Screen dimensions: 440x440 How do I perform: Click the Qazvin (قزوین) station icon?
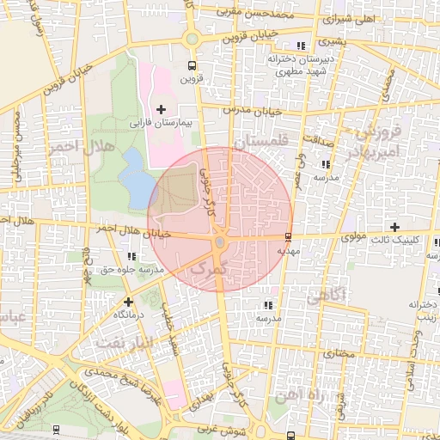click(x=191, y=64)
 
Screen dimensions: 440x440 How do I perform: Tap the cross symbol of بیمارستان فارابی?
click(x=161, y=108)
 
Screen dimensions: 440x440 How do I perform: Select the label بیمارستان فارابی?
click(x=164, y=123)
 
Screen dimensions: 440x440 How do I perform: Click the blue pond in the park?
click(x=133, y=177)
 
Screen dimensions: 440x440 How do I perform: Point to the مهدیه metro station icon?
click(x=287, y=236)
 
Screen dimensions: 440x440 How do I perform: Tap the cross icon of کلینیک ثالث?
click(x=394, y=227)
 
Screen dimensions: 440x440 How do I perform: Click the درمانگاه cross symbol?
click(x=128, y=302)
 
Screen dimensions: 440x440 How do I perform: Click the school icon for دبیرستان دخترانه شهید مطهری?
click(x=301, y=46)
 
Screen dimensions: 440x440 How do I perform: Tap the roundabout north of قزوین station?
click(x=190, y=37)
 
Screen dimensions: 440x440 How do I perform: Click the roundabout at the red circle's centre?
click(x=220, y=243)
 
